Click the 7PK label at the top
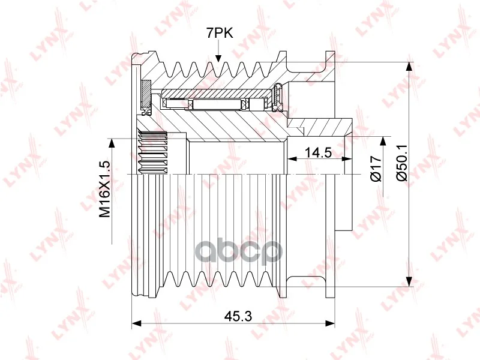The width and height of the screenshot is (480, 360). pyautogui.click(x=219, y=33)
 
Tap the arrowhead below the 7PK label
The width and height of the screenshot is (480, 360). pyautogui.click(x=218, y=58)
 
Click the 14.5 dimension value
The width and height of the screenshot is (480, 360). pyautogui.click(x=319, y=152)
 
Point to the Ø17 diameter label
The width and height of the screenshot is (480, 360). pyautogui.click(x=376, y=169)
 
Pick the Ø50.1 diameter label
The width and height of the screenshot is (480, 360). pyautogui.click(x=402, y=163)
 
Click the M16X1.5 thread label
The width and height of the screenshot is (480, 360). pyautogui.click(x=104, y=190)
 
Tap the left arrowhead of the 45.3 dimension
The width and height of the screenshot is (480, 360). pyautogui.click(x=136, y=323)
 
